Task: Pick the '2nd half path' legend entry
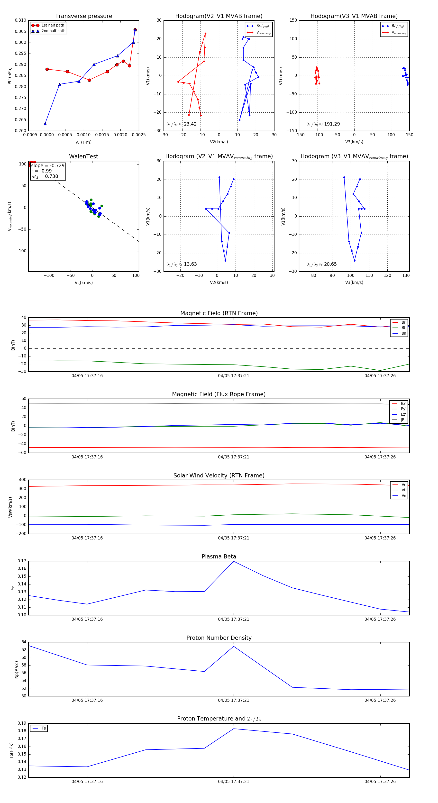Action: [x=53, y=31]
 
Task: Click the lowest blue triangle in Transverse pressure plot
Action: [x=45, y=124]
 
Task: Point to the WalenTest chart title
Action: [x=83, y=156]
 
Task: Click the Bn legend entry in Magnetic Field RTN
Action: [x=403, y=333]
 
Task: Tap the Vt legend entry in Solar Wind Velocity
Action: [x=403, y=490]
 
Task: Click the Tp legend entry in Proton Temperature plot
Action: [x=44, y=728]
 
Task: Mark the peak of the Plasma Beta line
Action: [x=234, y=561]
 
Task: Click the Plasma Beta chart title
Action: [x=219, y=557]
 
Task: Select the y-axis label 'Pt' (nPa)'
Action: [x=10, y=76]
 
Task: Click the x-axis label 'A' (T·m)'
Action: [x=83, y=142]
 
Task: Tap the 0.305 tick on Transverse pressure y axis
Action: [x=21, y=31]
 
